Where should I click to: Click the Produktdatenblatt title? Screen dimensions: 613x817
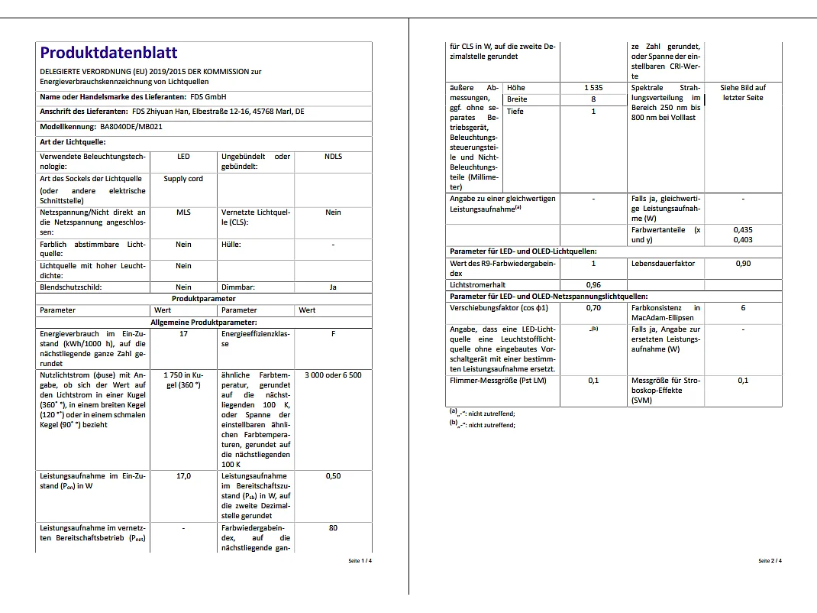pyautogui.click(x=108, y=53)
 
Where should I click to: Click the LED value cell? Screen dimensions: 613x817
pyautogui.click(x=183, y=157)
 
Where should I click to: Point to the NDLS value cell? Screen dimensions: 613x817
pyautogui.click(x=333, y=157)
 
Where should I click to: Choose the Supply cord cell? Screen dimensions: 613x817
pyautogui.click(x=183, y=179)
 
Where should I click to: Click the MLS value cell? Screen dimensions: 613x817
pyautogui.click(x=183, y=212)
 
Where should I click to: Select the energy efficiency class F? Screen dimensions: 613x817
pyautogui.click(x=333, y=334)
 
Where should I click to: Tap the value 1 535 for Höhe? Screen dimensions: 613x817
pyautogui.click(x=593, y=88)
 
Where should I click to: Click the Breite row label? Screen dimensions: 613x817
pyautogui.click(x=517, y=99)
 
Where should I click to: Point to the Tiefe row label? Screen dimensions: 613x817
pyautogui.click(x=515, y=112)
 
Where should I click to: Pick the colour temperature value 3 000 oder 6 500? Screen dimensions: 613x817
pyautogui.click(x=333, y=375)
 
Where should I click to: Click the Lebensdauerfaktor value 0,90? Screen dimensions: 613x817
pyautogui.click(x=743, y=264)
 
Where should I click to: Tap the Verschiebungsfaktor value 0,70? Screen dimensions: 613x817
pyautogui.click(x=593, y=308)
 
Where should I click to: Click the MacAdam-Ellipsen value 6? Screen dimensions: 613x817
pyautogui.click(x=743, y=308)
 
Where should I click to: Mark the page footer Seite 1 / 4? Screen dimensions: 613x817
pyautogui.click(x=360, y=561)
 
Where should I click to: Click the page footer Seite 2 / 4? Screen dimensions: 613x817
pyautogui.click(x=770, y=561)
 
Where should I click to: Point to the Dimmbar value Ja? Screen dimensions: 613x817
pyautogui.click(x=333, y=287)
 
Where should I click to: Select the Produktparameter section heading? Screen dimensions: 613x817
pyautogui.click(x=204, y=299)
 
